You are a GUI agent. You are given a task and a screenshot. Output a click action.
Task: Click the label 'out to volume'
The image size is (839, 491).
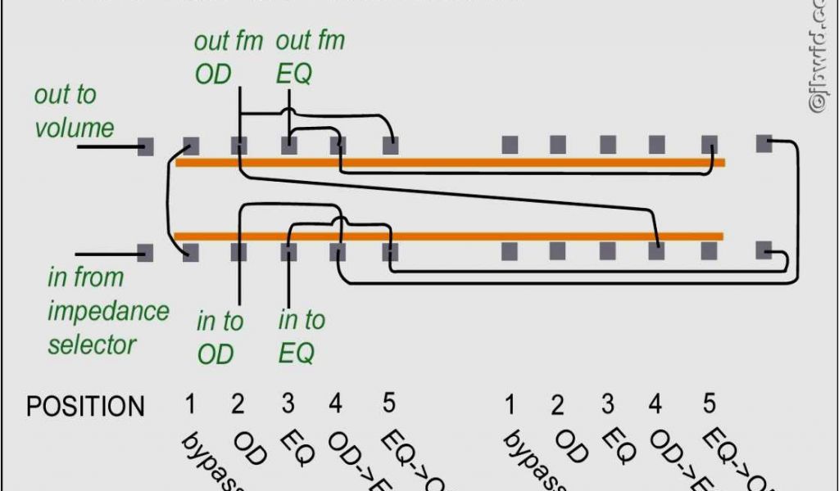(73, 111)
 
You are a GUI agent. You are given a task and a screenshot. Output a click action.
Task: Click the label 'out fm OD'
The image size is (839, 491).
(227, 57)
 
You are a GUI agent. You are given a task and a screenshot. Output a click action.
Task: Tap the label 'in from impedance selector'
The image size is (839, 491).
(107, 310)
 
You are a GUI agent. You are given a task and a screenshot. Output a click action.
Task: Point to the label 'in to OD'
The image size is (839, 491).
(219, 336)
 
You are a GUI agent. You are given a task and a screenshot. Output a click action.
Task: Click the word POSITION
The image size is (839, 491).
(85, 406)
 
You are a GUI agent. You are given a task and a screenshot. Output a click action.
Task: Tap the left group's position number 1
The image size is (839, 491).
(190, 403)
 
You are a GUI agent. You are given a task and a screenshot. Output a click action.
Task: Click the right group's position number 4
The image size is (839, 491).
(655, 403)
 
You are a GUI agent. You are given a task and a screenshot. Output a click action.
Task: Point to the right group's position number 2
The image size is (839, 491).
(558, 405)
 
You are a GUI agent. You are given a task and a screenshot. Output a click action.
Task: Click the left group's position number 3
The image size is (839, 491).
(288, 403)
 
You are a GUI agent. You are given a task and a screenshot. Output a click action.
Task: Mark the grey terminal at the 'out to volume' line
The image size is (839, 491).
(146, 147)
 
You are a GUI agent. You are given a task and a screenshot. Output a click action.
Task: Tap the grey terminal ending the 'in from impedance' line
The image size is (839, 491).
(146, 252)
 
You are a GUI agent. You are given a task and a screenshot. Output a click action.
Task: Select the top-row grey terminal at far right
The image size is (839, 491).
(764, 143)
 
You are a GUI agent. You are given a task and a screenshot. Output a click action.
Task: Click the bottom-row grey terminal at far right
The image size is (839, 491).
(764, 250)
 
